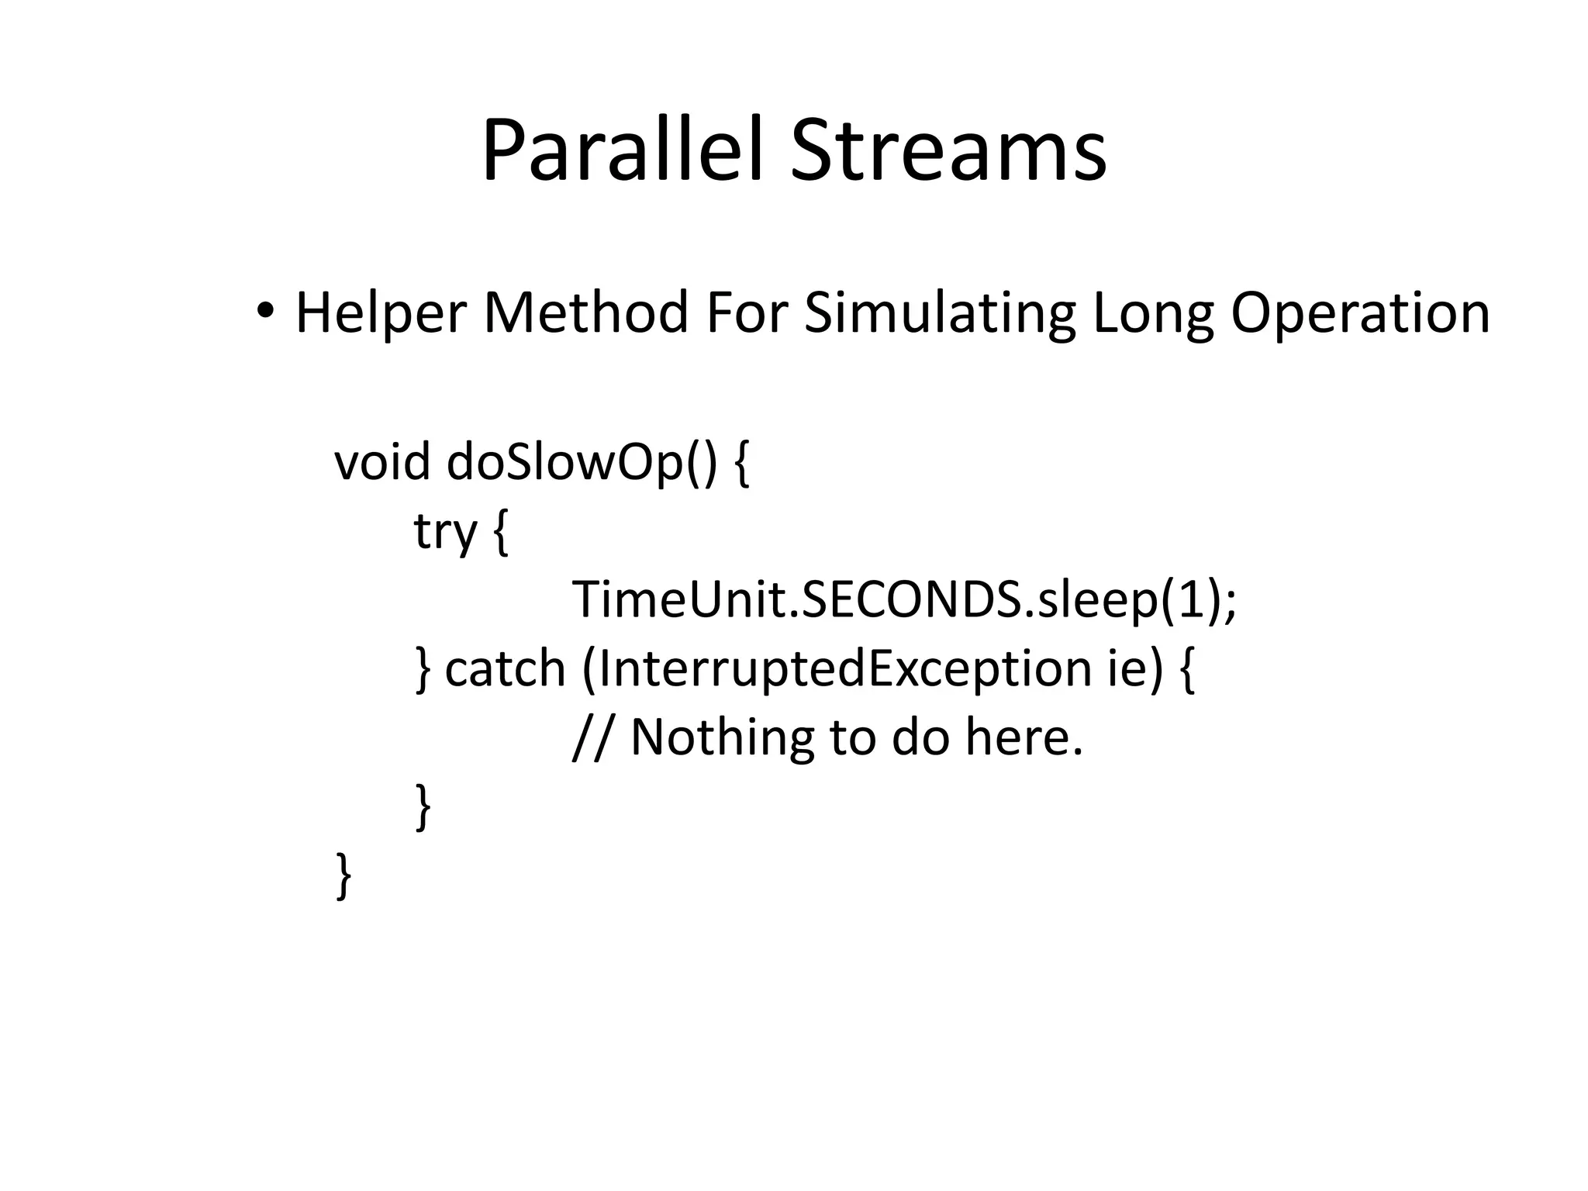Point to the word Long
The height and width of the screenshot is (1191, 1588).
click(1152, 314)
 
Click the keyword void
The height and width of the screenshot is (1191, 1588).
click(381, 462)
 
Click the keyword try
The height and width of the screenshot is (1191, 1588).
click(445, 532)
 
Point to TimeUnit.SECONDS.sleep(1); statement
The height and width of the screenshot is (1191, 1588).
click(904, 600)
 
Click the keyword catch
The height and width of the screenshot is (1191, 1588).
click(505, 668)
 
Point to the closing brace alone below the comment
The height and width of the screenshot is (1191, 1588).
click(423, 806)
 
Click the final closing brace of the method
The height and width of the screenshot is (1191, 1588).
click(343, 875)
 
